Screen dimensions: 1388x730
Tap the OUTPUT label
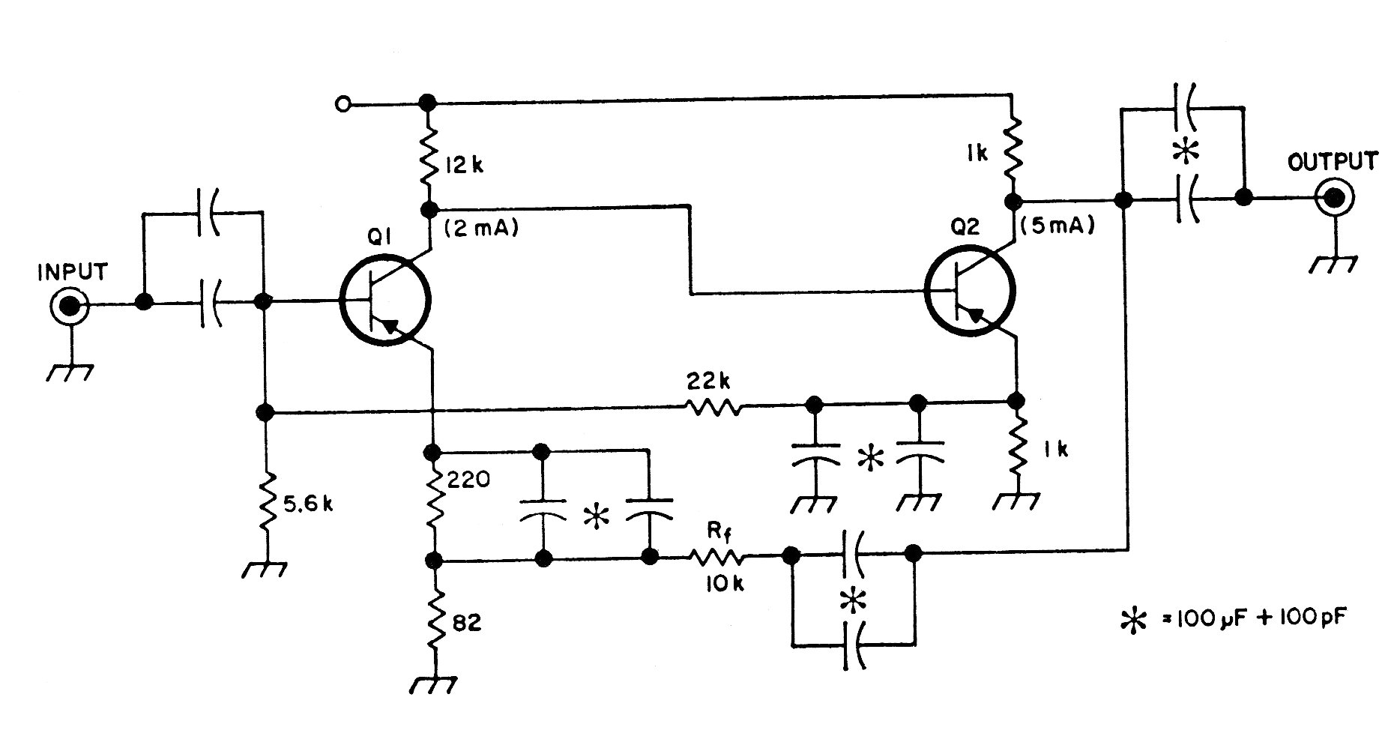(1332, 160)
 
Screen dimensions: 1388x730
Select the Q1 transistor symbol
(384, 302)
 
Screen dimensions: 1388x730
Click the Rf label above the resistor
(716, 533)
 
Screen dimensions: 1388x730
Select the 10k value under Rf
(723, 584)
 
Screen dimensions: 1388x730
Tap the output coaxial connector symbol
(1333, 199)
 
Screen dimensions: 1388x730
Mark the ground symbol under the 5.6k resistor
(265, 568)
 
